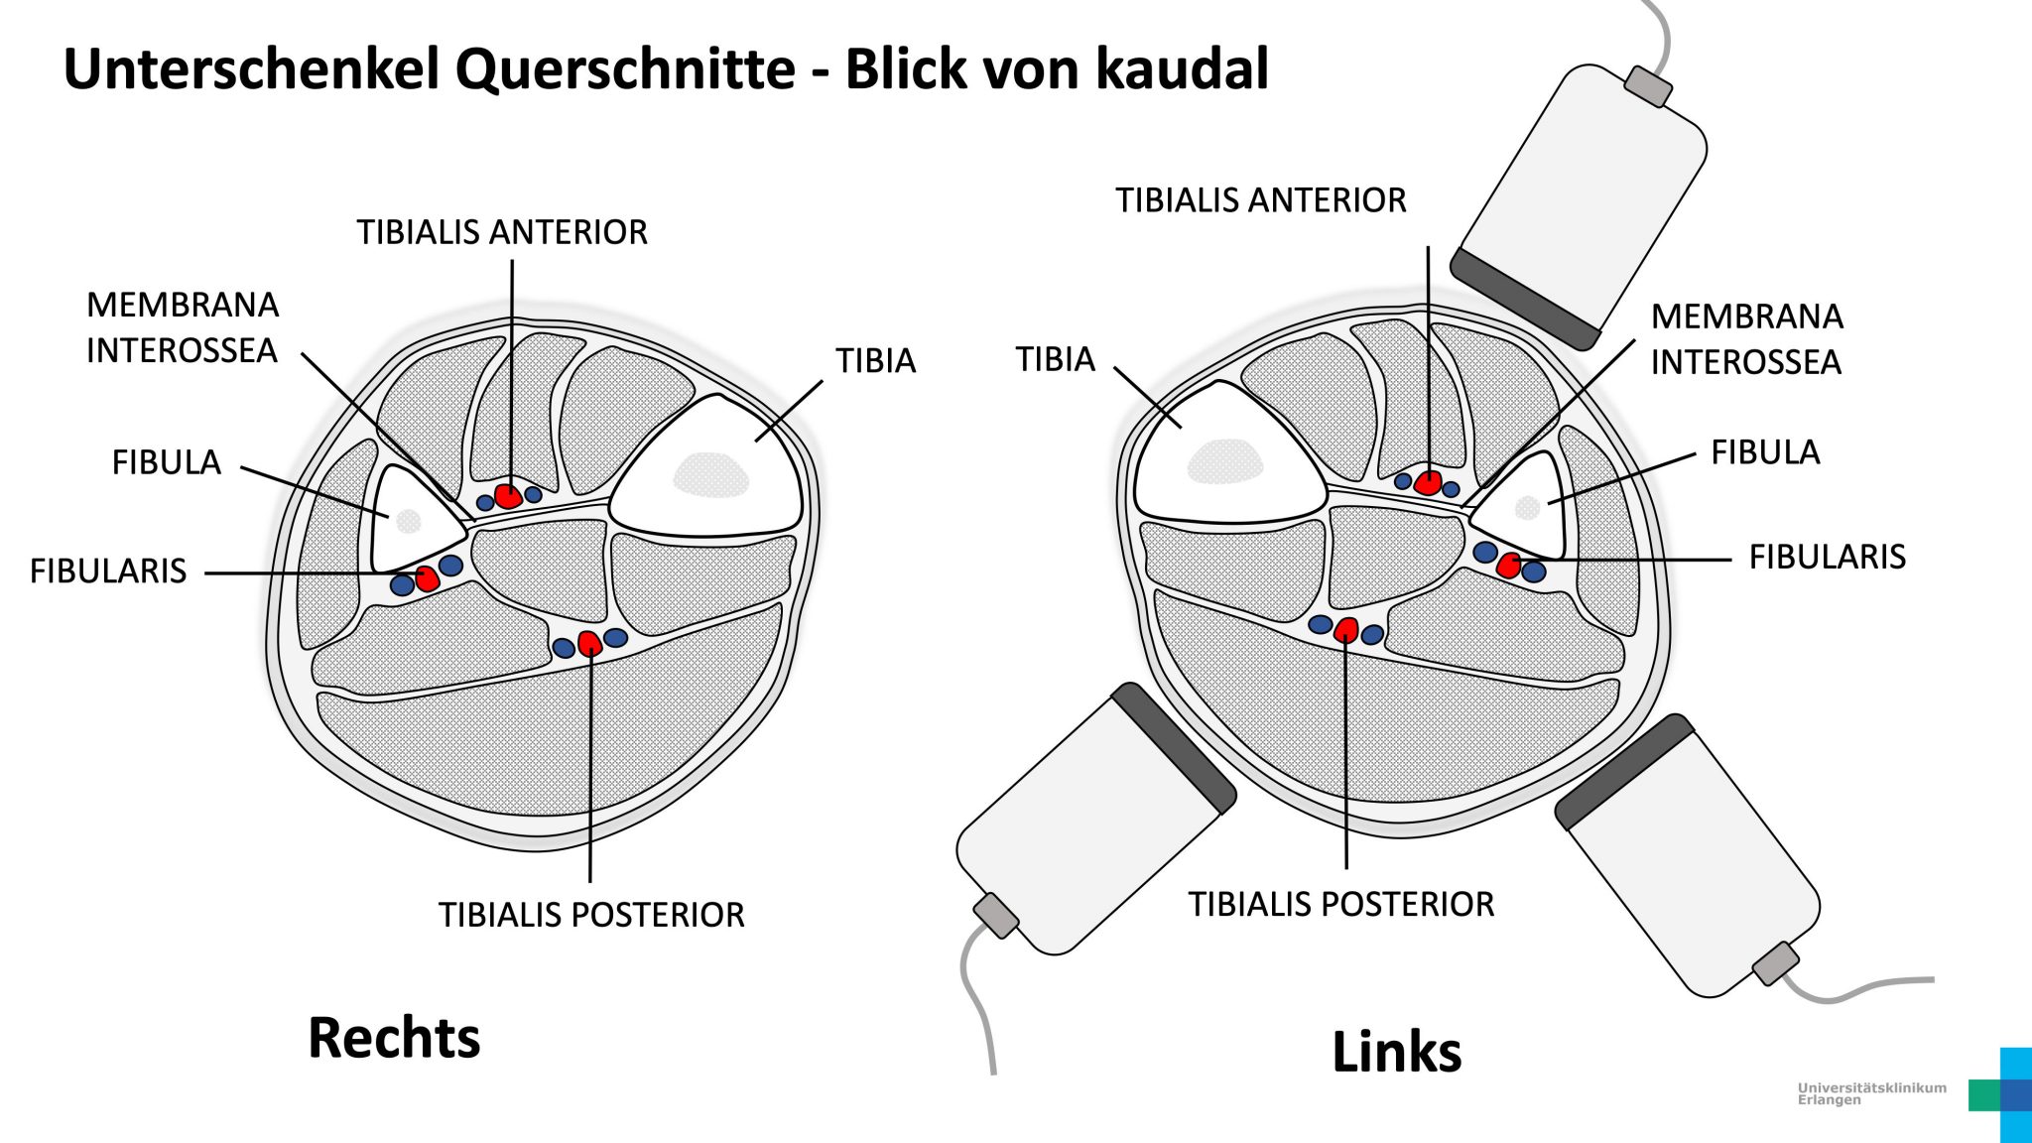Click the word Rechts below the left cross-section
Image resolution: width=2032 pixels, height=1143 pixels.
tap(394, 1038)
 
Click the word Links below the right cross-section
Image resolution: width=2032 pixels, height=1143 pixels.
tap(1396, 1052)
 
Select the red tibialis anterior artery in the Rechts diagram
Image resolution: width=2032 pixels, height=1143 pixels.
tap(508, 496)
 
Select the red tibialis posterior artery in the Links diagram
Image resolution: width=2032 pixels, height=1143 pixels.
tap(1346, 629)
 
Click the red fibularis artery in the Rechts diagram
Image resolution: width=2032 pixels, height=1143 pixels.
tap(427, 578)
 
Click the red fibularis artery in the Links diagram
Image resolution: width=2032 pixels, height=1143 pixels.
tap(1509, 566)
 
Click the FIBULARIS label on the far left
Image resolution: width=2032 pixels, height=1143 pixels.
tap(108, 571)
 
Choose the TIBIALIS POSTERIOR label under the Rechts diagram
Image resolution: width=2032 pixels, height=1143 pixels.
tap(591, 915)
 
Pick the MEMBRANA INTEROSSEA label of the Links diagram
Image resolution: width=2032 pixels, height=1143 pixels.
tap(1746, 339)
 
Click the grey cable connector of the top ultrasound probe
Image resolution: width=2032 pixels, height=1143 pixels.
tap(1648, 87)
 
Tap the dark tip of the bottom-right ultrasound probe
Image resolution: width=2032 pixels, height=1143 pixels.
tap(1624, 772)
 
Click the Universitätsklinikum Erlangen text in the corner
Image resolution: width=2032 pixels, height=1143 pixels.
tap(1871, 1093)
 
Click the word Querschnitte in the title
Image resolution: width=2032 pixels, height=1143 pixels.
tap(625, 69)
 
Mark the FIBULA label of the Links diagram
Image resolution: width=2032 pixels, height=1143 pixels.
tap(1765, 452)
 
